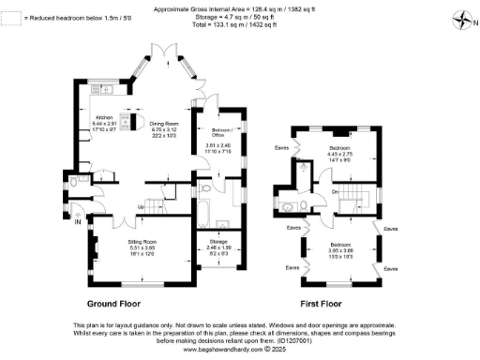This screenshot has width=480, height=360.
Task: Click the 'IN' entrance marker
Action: (77, 223)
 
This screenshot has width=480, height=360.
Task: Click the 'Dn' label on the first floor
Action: (335, 192)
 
